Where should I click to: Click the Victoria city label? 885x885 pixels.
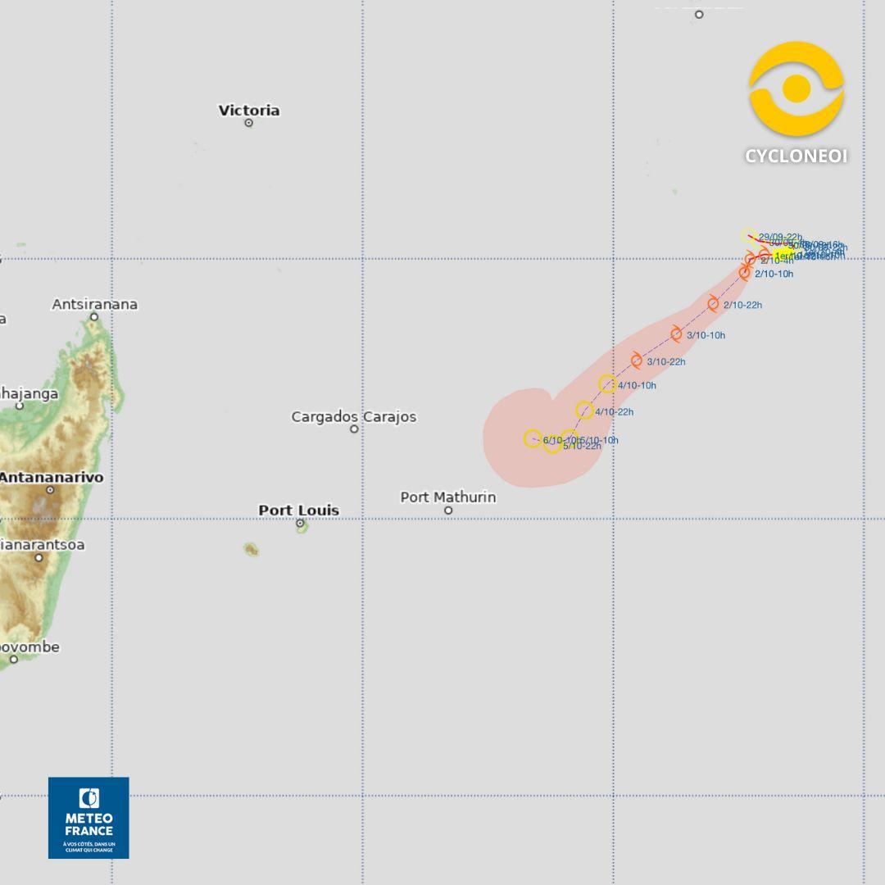click(x=249, y=110)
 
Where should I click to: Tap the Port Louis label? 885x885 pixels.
click(x=298, y=510)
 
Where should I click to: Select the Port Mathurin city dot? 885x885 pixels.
click(x=448, y=511)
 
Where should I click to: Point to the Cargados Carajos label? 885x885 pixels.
click(x=354, y=416)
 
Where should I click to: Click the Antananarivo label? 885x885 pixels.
click(x=51, y=477)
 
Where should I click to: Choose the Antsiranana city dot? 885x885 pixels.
click(x=94, y=316)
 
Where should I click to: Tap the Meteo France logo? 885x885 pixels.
click(x=88, y=817)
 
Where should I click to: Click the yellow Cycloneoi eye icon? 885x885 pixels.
click(x=796, y=88)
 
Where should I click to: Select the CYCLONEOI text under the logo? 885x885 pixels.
click(x=796, y=156)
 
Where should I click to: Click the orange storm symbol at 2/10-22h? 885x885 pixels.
click(x=713, y=304)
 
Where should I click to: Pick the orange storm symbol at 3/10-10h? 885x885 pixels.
click(x=676, y=334)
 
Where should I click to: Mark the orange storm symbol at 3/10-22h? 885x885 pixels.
click(x=637, y=361)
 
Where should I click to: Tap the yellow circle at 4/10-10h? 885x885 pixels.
click(x=607, y=383)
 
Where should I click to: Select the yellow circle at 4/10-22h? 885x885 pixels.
click(x=584, y=411)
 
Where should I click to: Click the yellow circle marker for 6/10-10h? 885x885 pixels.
click(x=533, y=438)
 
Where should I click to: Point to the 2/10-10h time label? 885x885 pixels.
click(x=774, y=274)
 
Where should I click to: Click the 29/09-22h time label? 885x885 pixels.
click(x=780, y=237)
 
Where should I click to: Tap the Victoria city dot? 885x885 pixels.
click(x=248, y=123)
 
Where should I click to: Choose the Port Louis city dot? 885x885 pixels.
click(x=300, y=523)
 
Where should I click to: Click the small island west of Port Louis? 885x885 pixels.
click(x=251, y=549)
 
